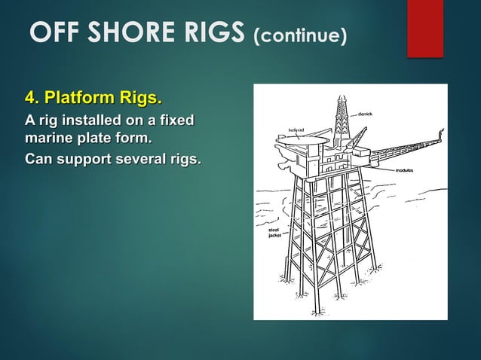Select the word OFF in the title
53,33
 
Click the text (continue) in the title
299,35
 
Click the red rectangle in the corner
425,28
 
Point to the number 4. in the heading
32,99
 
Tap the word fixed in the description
176,121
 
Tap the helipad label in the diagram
296,130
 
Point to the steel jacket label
274,232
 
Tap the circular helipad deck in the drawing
309,142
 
